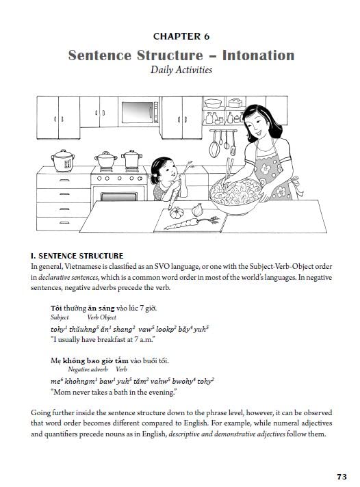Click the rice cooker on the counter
point(63,161)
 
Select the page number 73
point(342,476)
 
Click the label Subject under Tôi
point(60,317)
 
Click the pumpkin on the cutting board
point(174,213)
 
